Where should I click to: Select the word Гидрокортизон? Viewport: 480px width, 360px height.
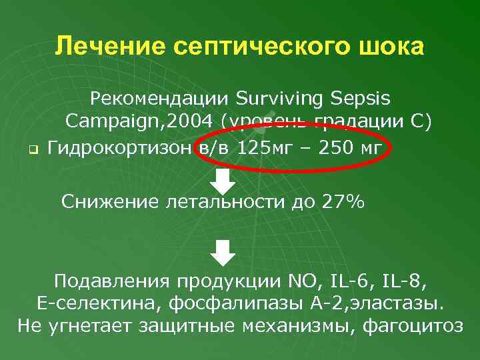coord(121,146)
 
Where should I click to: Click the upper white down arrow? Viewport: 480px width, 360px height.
coord(225,181)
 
